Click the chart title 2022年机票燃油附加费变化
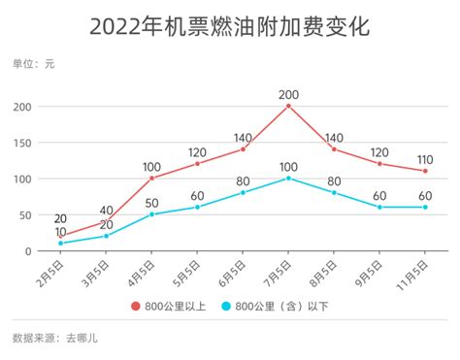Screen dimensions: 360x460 tap(229, 26)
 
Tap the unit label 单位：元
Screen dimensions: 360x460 tap(33, 65)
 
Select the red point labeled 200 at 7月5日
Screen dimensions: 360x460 tap(288, 105)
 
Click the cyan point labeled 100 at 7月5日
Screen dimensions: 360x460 tap(288, 178)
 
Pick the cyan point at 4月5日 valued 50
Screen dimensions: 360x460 tap(151, 213)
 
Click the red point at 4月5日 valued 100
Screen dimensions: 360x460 tap(151, 178)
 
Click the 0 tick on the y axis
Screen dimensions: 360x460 tap(29, 250)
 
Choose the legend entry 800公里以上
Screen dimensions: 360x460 tap(175, 307)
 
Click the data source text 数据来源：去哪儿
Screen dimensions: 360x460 tap(55, 339)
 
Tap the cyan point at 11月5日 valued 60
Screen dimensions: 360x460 tap(425, 207)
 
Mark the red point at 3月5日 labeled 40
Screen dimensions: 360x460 tap(106, 221)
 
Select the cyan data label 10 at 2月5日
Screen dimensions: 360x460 tap(60, 232)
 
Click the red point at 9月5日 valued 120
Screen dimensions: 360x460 tap(379, 163)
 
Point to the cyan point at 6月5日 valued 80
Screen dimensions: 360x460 tap(243, 192)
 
